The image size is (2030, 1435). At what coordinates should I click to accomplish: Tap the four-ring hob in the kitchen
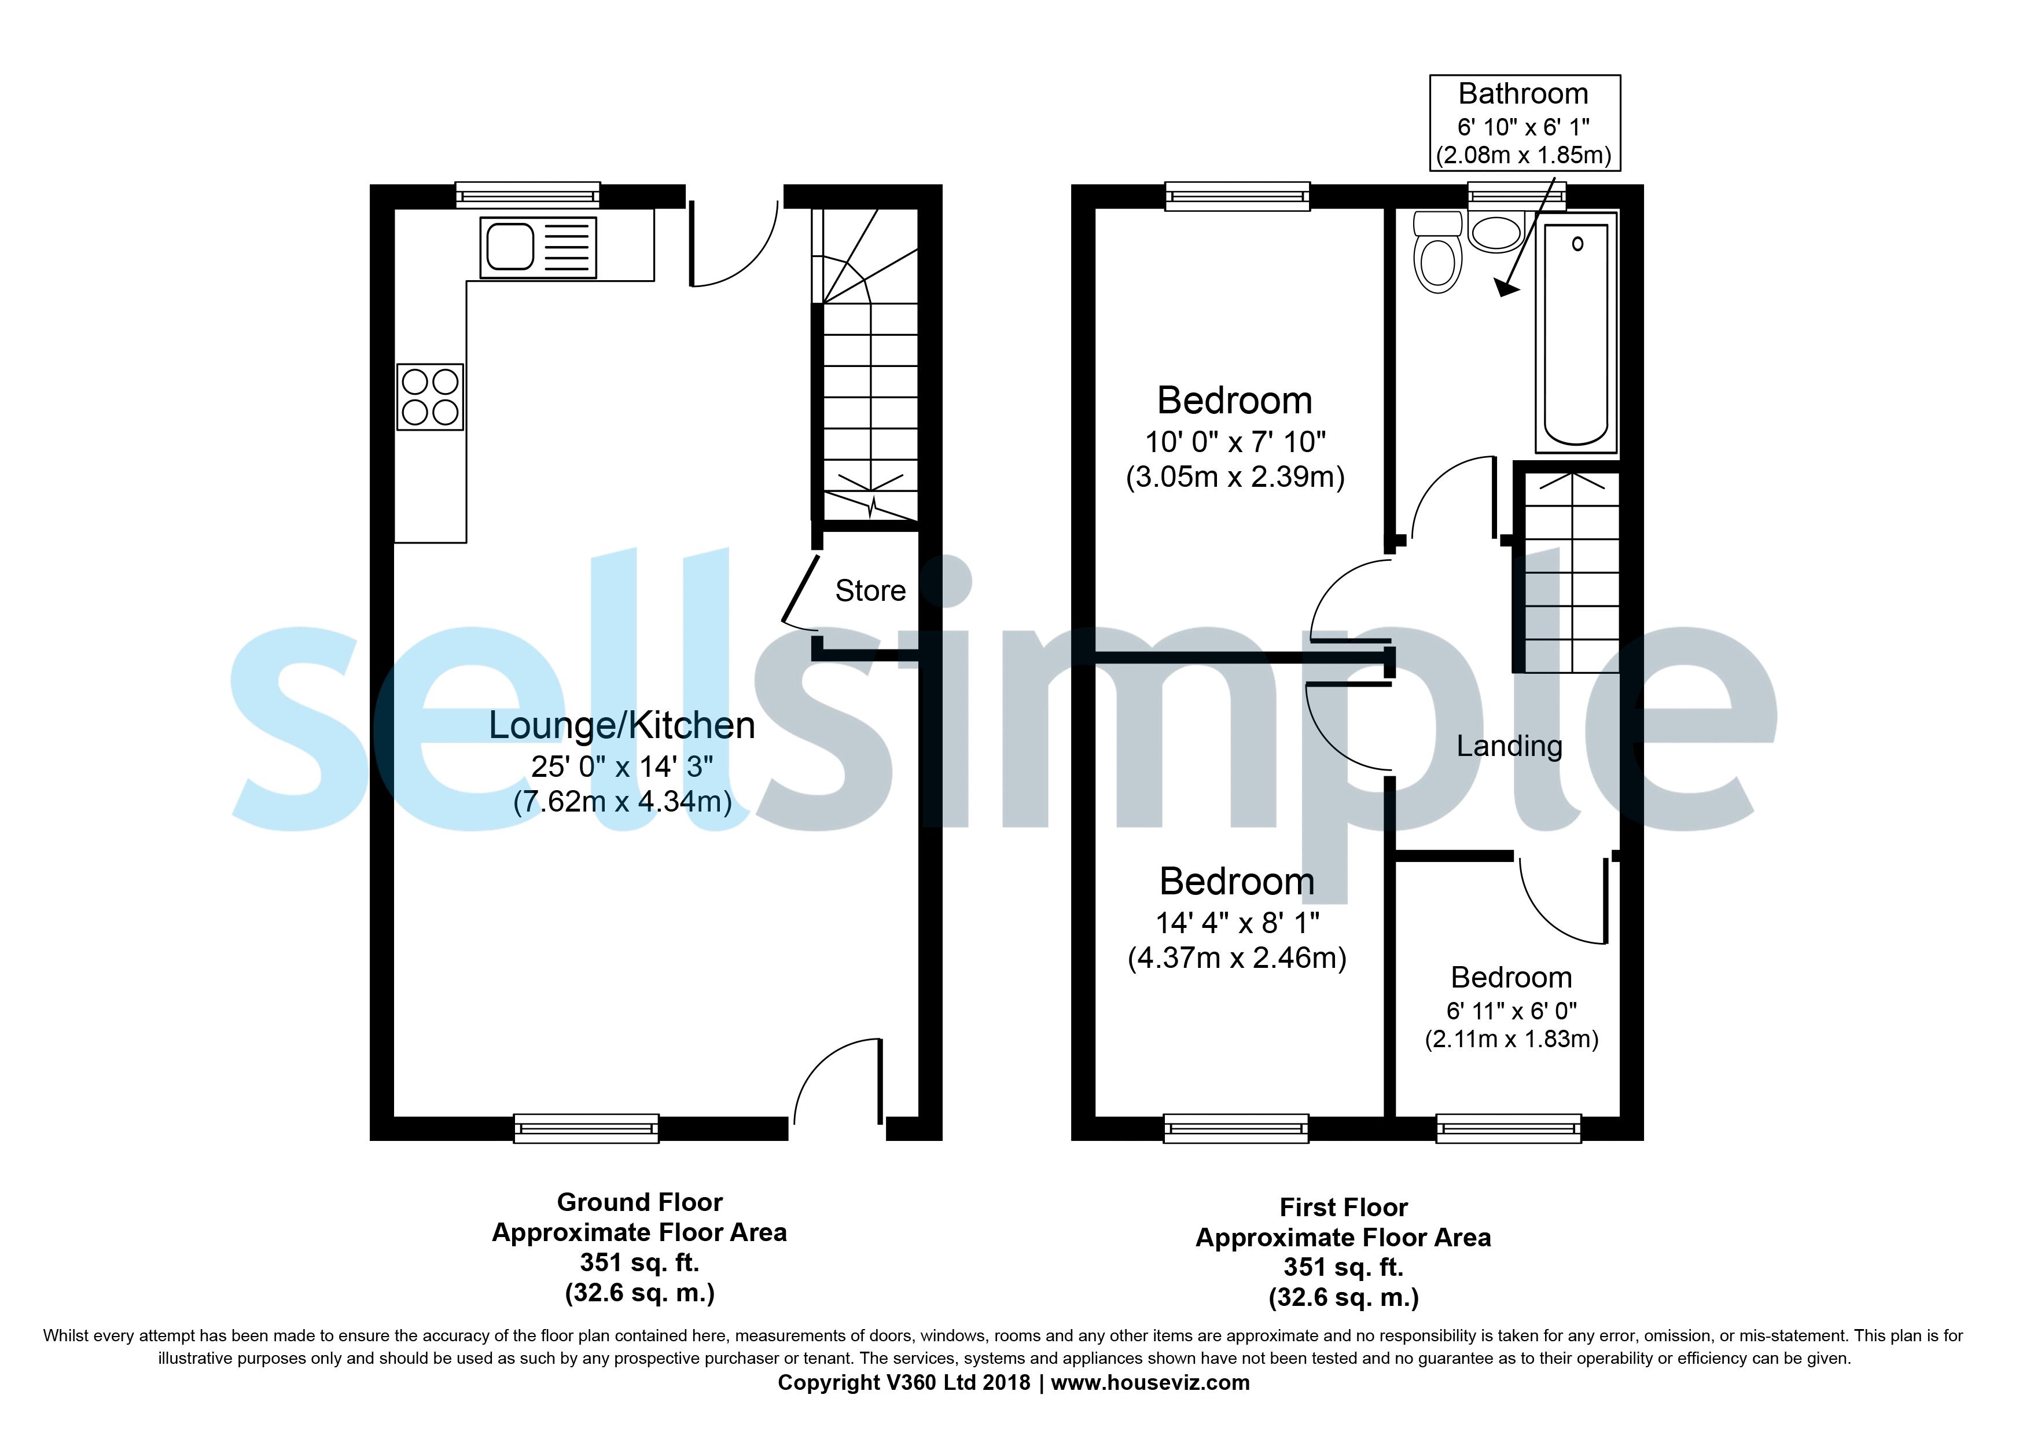coord(431,397)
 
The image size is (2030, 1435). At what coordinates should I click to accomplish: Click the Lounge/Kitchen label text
coord(621,726)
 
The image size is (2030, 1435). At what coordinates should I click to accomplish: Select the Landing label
coord(1509,746)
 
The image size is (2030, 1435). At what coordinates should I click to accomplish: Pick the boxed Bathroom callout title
coord(1524,94)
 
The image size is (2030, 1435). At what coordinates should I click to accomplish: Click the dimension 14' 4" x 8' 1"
coord(1237,923)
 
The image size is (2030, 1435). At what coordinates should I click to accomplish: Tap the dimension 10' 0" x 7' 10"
coord(1235,441)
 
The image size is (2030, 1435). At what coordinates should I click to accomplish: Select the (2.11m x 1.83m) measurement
coord(1511,1039)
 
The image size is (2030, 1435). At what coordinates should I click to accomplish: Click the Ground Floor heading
coord(639,1202)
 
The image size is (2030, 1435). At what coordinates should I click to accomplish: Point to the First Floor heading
coord(1343,1208)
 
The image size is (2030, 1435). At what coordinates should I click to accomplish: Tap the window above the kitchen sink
coord(528,196)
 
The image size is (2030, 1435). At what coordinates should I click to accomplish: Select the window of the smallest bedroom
coord(1509,1128)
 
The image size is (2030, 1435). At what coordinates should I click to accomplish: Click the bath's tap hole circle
coord(1577,244)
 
